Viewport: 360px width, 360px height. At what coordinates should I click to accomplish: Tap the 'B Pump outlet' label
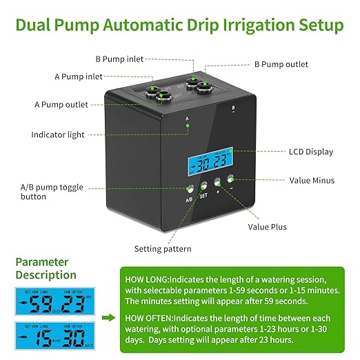[x=281, y=64]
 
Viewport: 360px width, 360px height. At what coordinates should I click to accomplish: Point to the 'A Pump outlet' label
[x=61, y=105]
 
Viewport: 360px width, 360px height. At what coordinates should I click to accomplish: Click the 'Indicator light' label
[x=57, y=134]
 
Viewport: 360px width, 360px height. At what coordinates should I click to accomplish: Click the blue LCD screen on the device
[x=212, y=161]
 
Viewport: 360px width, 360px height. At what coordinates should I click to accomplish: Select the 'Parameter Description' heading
[x=42, y=268]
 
